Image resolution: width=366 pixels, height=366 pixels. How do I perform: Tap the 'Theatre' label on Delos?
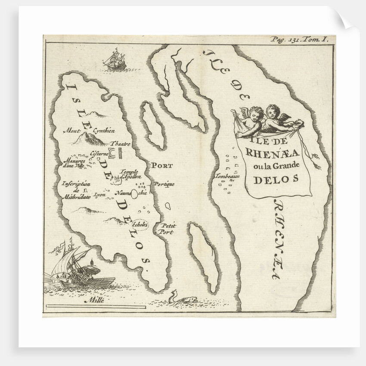[121, 143]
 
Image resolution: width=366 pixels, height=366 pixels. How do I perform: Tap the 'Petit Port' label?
[167, 229]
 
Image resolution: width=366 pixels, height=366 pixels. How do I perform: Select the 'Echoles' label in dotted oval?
[140, 224]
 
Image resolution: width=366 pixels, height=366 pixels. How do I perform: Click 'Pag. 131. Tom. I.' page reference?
[299, 39]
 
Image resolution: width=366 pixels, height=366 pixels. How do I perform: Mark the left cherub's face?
[256, 115]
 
